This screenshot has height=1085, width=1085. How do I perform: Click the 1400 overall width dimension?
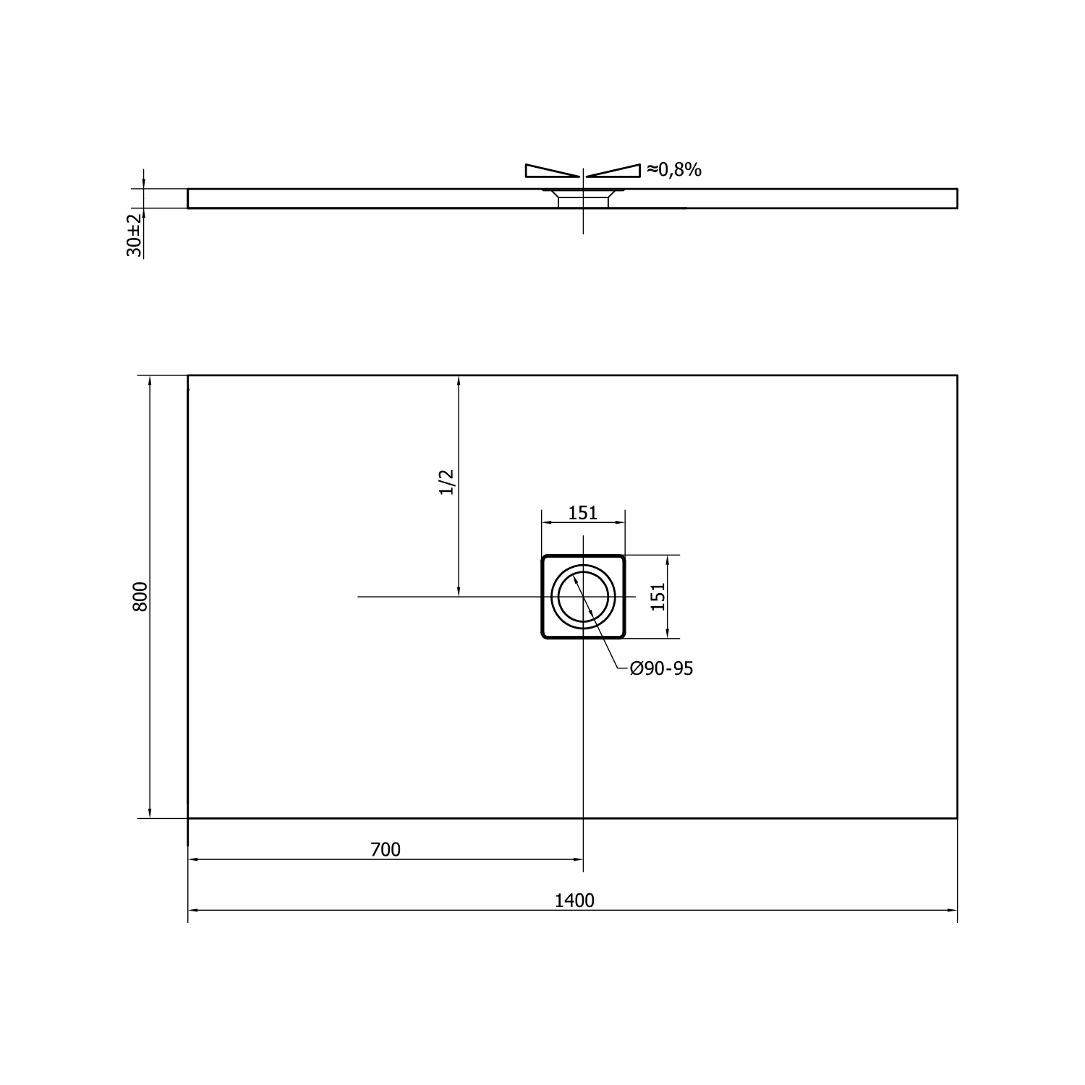point(574,901)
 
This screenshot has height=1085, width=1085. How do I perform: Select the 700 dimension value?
point(386,850)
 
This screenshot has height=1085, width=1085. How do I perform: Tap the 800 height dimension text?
point(140,597)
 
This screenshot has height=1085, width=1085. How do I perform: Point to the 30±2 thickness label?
point(134,235)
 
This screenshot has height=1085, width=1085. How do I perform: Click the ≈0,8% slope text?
point(674,170)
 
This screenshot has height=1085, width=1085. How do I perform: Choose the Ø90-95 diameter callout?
point(661,669)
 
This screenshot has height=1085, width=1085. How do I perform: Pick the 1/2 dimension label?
point(447,482)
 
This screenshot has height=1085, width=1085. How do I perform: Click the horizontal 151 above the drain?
point(583,513)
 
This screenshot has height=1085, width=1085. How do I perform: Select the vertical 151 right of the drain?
point(658,597)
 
